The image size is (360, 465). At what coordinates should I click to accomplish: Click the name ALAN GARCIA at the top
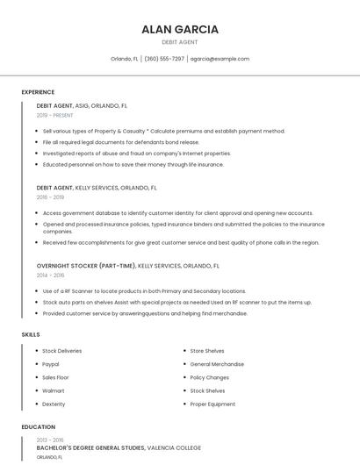click(179, 29)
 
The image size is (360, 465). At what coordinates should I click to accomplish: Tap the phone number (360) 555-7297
click(164, 59)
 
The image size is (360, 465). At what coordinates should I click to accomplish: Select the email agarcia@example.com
click(220, 59)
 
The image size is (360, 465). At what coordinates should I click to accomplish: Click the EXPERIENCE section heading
click(38, 92)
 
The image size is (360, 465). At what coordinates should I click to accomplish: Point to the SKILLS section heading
click(31, 334)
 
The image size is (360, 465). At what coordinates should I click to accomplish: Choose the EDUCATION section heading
click(38, 427)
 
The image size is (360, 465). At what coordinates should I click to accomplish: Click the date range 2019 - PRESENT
click(54, 116)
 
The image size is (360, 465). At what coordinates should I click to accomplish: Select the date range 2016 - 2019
click(50, 197)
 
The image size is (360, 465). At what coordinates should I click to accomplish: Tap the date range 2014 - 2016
click(50, 275)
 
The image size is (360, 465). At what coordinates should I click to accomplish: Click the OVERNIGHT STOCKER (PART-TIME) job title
click(86, 265)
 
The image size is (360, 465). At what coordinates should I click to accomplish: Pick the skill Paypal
click(51, 364)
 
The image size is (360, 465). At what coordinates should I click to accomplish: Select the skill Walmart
click(54, 390)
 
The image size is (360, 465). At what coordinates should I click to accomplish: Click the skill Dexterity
click(54, 404)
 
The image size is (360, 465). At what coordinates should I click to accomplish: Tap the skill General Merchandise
click(217, 364)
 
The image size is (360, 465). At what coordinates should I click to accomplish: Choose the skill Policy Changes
click(210, 377)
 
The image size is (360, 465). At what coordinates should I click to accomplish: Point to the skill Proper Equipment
click(212, 404)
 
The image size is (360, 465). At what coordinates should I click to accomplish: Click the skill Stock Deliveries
click(61, 351)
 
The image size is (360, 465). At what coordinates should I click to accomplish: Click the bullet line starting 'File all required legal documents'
click(121, 141)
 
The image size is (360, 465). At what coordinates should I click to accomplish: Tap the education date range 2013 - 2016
click(50, 440)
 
